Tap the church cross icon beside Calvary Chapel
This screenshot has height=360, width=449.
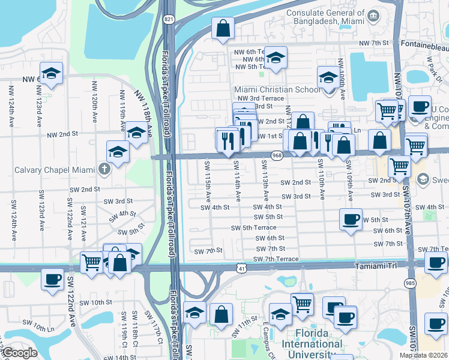point(104,169)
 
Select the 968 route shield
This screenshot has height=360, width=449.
point(277,155)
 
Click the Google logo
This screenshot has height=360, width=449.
point(19,353)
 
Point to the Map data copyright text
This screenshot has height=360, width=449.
point(423,355)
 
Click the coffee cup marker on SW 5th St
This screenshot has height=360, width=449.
point(351,219)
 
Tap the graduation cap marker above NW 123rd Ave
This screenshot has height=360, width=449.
point(51,73)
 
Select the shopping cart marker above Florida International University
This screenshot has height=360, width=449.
point(302,303)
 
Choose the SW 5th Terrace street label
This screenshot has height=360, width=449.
point(254,227)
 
